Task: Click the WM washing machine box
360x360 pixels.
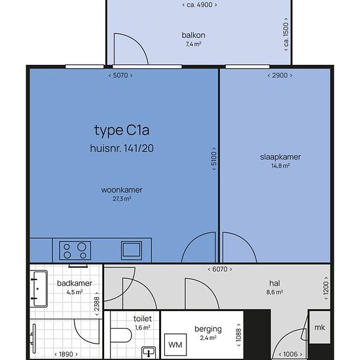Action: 175,344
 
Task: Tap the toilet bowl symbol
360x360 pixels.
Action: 121,335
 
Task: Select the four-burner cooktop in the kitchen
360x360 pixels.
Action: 75,251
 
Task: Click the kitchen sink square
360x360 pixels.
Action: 132,250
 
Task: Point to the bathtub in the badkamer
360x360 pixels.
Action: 39,289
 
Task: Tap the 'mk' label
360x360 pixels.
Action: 319,327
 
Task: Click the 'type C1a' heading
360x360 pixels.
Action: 122,130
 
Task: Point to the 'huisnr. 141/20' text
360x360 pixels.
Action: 122,148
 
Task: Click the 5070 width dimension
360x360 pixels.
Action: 120,75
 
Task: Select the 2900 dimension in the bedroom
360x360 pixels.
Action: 280,75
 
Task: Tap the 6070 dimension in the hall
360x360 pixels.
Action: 220,269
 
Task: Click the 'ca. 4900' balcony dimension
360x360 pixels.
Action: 200,5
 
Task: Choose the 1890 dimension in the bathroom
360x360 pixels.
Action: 66,354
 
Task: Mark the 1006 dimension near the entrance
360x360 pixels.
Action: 291,354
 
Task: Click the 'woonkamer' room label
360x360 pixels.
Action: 122,190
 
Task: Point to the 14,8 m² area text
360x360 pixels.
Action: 280,166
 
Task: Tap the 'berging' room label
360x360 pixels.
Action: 208,329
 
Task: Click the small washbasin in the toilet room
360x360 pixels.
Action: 149,352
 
